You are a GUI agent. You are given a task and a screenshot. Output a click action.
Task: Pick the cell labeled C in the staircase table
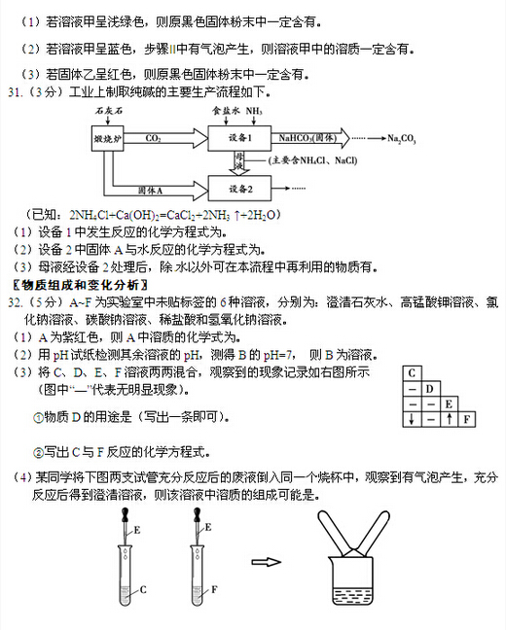click(413, 373)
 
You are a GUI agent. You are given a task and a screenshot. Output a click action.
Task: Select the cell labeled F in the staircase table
click(467, 420)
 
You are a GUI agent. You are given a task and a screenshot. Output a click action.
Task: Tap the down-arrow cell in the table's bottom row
click(413, 420)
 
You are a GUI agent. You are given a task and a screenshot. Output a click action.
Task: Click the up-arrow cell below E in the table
click(449, 420)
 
